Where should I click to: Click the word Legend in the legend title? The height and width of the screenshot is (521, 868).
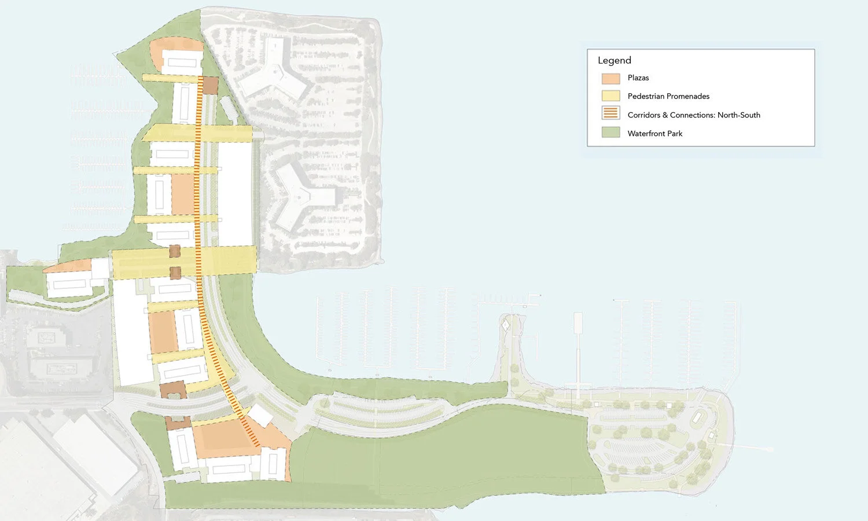[614, 60]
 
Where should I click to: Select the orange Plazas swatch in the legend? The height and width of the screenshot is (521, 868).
[610, 78]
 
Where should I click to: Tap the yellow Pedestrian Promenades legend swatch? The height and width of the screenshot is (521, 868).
[610, 96]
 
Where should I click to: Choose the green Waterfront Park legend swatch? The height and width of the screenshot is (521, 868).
[610, 133]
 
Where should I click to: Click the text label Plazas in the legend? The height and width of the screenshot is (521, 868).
[638, 78]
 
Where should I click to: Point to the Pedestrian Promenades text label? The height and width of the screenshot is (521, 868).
[668, 97]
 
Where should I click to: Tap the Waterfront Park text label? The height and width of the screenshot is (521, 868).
[654, 134]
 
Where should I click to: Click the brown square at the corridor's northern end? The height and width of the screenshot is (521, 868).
[209, 85]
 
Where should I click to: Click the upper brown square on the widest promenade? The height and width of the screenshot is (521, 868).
[174, 251]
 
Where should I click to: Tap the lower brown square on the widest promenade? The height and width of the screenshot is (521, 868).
[175, 272]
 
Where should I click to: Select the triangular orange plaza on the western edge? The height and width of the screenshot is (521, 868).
[69, 267]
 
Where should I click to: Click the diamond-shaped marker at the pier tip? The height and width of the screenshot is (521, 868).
[505, 325]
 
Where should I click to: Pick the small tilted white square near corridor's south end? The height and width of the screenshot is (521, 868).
[260, 415]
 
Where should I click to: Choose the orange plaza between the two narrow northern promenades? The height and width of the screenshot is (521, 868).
[183, 195]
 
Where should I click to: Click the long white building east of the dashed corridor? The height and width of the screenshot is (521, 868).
[235, 194]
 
